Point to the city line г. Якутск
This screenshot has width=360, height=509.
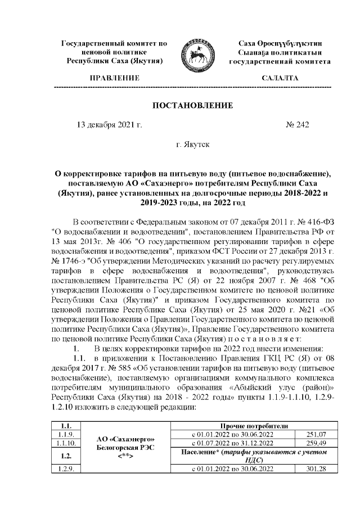(192, 145)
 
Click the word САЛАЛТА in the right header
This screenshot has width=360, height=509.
(280, 78)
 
